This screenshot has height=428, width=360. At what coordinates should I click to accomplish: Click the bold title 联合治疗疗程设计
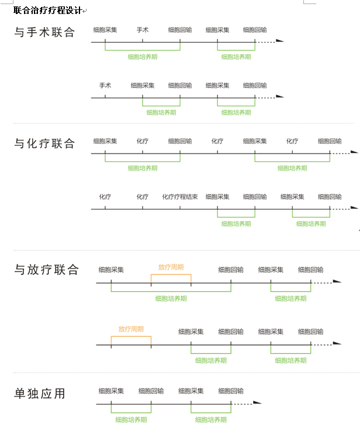pyautogui.click(x=47, y=11)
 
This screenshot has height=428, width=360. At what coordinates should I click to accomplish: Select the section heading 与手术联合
pyautogui.click(x=44, y=32)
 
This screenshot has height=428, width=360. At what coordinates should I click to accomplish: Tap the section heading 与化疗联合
pyautogui.click(x=44, y=143)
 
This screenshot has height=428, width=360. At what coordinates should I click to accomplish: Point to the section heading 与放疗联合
pyautogui.click(x=46, y=269)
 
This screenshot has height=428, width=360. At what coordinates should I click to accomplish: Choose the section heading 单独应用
pyautogui.click(x=40, y=394)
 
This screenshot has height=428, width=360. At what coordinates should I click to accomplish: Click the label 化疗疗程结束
pyautogui.click(x=180, y=197)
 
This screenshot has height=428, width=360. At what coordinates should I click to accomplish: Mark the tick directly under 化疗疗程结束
pyautogui.click(x=180, y=207)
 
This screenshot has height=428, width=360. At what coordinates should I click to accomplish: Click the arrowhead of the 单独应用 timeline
pyautogui.click(x=257, y=402)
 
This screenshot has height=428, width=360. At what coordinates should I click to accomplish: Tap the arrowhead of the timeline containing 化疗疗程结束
pyautogui.click(x=354, y=208)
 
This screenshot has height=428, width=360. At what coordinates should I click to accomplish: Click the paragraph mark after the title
pyautogui.click(x=85, y=11)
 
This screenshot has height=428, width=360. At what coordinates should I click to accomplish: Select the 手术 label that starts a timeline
pyautogui.click(x=105, y=85)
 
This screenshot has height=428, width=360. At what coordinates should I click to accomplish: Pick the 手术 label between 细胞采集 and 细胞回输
pyautogui.click(x=143, y=30)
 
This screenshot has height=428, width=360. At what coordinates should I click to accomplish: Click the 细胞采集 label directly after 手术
pyautogui.click(x=143, y=85)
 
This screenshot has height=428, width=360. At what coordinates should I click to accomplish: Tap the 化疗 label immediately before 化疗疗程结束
pyautogui.click(x=143, y=197)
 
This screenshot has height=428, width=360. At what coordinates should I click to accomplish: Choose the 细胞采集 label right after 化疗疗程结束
pyautogui.click(x=217, y=197)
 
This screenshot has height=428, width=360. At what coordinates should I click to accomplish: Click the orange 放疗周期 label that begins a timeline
pyautogui.click(x=131, y=329)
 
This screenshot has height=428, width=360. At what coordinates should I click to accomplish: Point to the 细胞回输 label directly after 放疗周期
pyautogui.click(x=231, y=270)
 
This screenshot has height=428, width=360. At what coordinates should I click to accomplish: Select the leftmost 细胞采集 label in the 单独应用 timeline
pyautogui.click(x=111, y=391)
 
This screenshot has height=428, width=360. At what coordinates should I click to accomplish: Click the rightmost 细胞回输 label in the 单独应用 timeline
pyautogui.click(x=231, y=391)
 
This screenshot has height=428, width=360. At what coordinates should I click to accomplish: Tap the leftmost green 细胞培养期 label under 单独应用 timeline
pyautogui.click(x=131, y=420)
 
